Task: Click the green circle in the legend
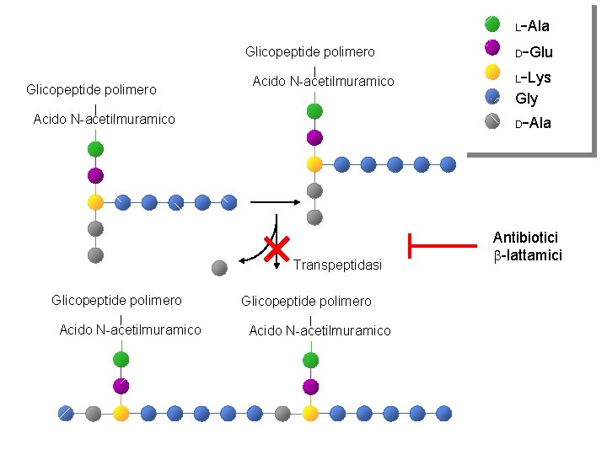(x=492, y=24)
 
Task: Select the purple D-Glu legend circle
(x=492, y=47)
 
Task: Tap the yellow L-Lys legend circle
(x=492, y=72)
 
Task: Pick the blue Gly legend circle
(x=492, y=97)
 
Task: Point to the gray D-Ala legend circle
(x=492, y=120)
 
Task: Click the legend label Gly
(x=526, y=99)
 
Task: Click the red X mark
(x=277, y=249)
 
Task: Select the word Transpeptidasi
(x=337, y=265)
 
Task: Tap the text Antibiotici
(x=525, y=237)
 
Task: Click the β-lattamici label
(x=528, y=255)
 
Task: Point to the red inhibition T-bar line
(x=443, y=246)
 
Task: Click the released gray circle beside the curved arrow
(x=219, y=268)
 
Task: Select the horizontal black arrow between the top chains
(x=275, y=202)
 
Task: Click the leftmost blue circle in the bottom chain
(x=67, y=413)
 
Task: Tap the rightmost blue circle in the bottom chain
(x=444, y=413)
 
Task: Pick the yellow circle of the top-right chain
(x=314, y=164)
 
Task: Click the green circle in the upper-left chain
(x=95, y=149)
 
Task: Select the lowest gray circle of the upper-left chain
(x=95, y=255)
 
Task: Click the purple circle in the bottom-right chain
(x=311, y=387)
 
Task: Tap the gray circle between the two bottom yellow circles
(x=282, y=414)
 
